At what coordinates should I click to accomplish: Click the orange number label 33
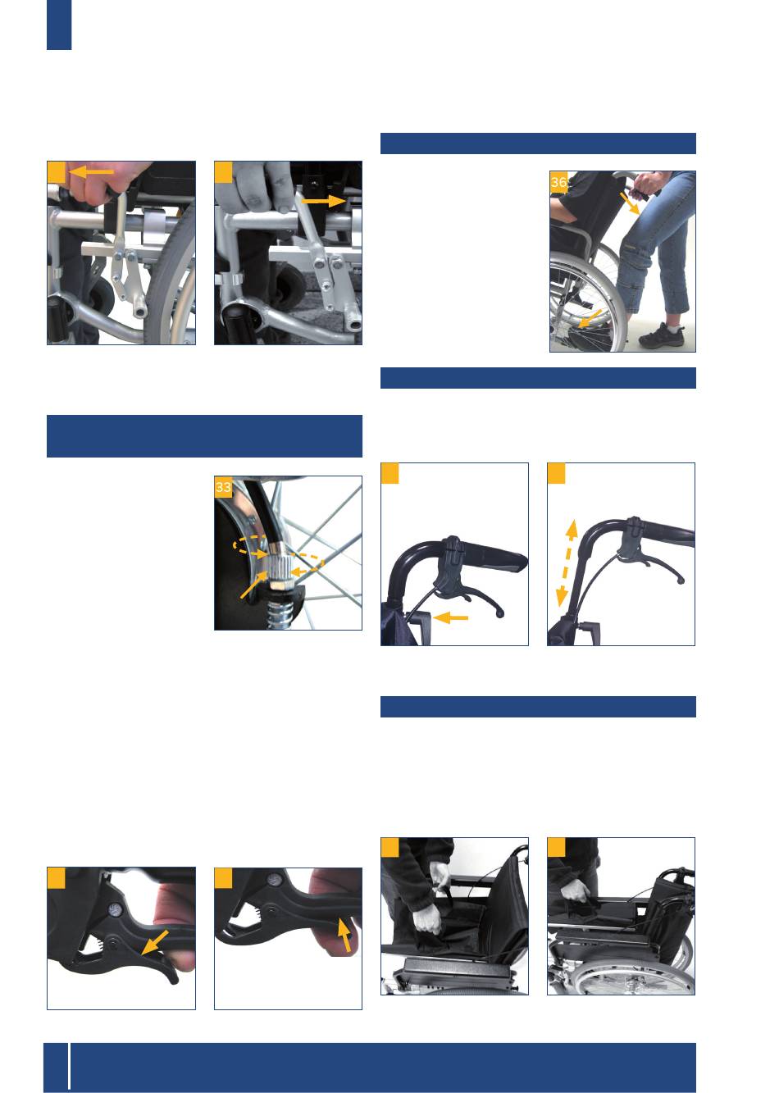(223, 486)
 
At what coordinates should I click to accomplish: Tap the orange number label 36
(558, 183)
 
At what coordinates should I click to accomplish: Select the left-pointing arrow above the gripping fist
(92, 171)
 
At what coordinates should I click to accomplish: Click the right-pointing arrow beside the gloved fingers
(324, 200)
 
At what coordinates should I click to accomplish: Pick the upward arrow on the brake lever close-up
(345, 934)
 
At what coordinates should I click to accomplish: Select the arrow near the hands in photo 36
(630, 203)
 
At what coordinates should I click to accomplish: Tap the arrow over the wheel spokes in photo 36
(590, 319)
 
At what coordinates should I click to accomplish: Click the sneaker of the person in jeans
(661, 335)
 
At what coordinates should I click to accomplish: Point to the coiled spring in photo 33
(280, 613)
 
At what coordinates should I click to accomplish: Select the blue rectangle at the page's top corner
(59, 25)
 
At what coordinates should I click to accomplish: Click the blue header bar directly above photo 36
(538, 143)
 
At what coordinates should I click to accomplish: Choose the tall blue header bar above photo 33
(204, 436)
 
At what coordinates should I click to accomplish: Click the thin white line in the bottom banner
(70, 1067)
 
